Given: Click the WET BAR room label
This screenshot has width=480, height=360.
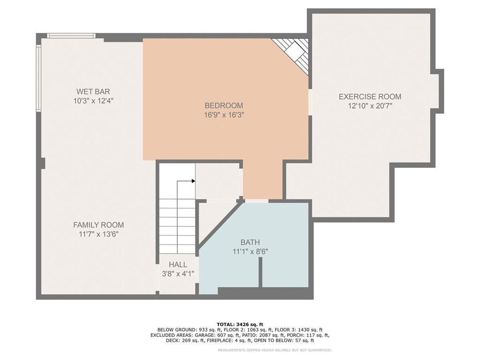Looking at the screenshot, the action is tap(93, 91).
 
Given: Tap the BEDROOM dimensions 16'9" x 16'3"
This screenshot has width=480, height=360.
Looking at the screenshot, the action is tap(224, 115).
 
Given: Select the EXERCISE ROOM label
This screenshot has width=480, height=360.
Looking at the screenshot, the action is tap(370, 97).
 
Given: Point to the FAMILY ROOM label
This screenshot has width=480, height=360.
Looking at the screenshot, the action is tap(98, 225).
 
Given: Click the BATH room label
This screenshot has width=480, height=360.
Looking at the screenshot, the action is tap(250, 242).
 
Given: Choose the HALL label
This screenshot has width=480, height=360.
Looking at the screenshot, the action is tap(178, 264).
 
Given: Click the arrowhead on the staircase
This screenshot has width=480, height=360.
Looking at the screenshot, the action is tap(194, 181).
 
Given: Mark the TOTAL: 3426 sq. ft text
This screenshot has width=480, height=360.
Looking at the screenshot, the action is tap(240, 324).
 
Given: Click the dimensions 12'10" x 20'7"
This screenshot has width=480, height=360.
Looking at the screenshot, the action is tap(370, 106).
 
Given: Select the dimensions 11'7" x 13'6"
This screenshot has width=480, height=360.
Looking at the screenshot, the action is tap(98, 234).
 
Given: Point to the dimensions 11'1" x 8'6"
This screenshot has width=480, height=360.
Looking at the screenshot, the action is tap(250, 252).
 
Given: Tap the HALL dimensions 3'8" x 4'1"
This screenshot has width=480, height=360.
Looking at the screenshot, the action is tap(178, 274).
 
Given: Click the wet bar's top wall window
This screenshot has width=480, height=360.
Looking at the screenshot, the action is tap(71, 36).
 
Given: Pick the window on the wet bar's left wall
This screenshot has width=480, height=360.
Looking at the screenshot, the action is tap(38, 78).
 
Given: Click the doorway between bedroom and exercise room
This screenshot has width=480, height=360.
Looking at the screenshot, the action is tap(310, 102).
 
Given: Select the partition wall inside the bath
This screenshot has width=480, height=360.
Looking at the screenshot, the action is tap(261, 272).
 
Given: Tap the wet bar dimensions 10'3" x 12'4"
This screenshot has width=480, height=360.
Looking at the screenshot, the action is tap(93, 101).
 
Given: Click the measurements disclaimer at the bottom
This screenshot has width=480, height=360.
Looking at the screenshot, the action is tap(274, 350).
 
